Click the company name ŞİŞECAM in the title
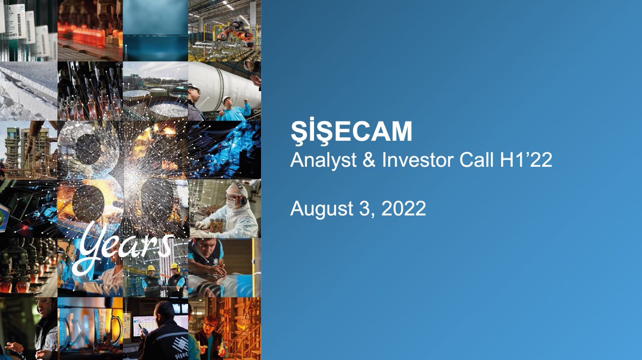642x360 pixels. tap(351, 132)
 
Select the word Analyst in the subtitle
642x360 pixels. tap(323, 161)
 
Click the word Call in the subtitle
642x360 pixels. tap(476, 160)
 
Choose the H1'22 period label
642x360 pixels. tap(526, 160)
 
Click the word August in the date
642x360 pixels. tap(322, 209)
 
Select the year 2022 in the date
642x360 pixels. tap(403, 209)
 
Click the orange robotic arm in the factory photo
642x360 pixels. tap(235, 31)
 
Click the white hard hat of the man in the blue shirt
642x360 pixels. tap(226, 99)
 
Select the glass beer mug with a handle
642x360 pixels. tap(106, 330)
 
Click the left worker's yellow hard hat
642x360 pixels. tap(151, 269)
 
